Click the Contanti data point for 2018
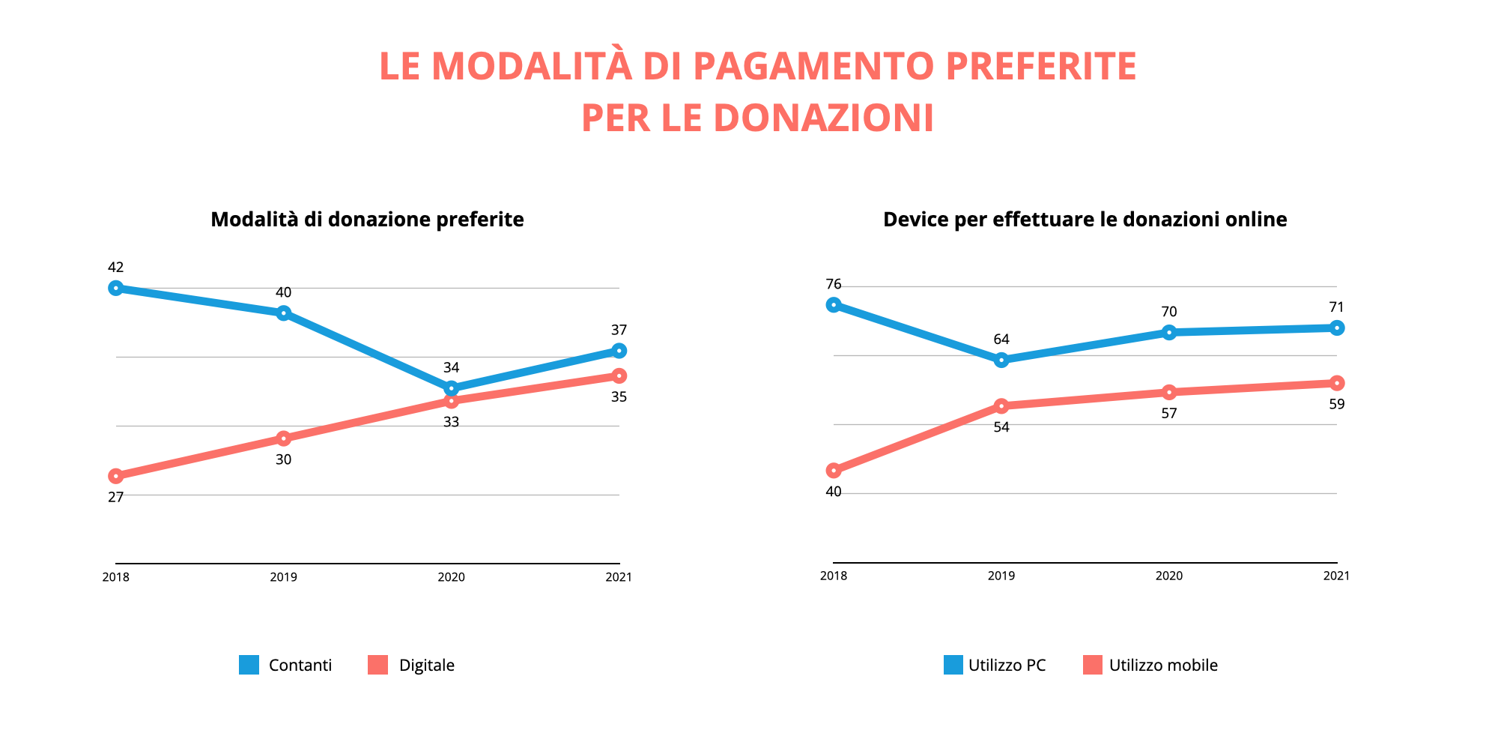(115, 288)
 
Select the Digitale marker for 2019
(283, 438)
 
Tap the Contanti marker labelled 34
(451, 388)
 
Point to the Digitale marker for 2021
(619, 375)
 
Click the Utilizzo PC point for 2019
(1001, 361)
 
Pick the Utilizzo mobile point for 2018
(833, 471)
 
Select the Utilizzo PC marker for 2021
(1336, 328)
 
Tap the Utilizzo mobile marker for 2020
(1168, 393)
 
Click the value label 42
(115, 267)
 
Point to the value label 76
(833, 284)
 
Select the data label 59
(1336, 404)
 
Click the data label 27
(115, 496)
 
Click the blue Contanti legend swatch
(249, 665)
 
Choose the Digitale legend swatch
(378, 665)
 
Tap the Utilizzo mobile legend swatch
(1093, 665)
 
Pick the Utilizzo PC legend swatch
(953, 665)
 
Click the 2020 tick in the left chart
(451, 577)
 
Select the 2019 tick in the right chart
(1001, 576)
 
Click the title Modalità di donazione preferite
(367, 219)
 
